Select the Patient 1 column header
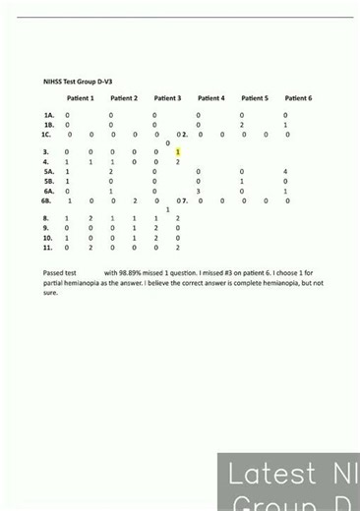[81, 98]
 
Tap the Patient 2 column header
[124, 98]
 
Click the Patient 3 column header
[167, 98]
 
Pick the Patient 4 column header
[210, 98]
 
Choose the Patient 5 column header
[254, 98]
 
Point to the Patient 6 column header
[298, 98]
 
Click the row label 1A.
[48, 116]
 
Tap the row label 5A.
[48, 172]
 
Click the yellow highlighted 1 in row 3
[178, 152]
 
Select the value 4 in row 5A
[285, 172]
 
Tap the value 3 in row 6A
[199, 191]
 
